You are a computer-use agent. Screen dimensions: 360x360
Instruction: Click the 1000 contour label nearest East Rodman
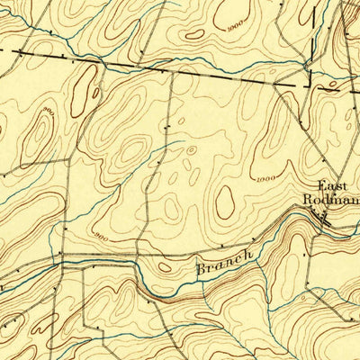pyautogui.click(x=265, y=179)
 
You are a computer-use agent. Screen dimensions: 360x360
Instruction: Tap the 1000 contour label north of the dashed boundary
pyautogui.click(x=237, y=28)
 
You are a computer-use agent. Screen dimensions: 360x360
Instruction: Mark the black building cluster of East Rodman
pyautogui.click(x=319, y=214)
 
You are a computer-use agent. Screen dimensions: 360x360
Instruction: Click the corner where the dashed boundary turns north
pyautogui.click(x=310, y=86)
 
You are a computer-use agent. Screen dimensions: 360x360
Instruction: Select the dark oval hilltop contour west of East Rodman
pyautogui.click(x=224, y=202)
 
